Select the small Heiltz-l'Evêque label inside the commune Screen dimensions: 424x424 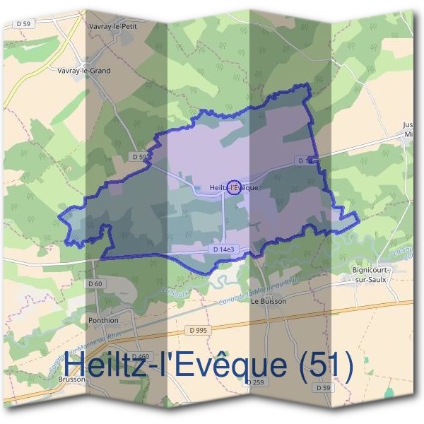[229, 187]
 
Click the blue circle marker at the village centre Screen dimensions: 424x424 [236, 187]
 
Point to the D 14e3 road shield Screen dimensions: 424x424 [223, 249]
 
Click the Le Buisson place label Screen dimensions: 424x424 [266, 301]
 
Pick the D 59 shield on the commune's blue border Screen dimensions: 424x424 [139, 156]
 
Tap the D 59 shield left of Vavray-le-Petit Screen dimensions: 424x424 [23, 23]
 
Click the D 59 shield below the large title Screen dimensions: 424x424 [323, 388]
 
